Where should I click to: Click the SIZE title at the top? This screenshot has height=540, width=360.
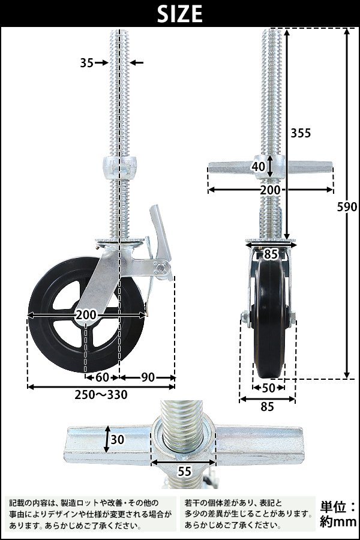[179, 14]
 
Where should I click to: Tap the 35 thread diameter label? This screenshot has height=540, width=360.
[87, 62]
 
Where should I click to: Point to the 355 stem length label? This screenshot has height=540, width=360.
[301, 133]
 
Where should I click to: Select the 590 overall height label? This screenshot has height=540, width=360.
[347, 207]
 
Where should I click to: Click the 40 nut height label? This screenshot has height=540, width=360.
[259, 166]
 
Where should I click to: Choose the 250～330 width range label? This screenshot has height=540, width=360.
[101, 395]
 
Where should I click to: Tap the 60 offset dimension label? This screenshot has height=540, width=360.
[102, 377]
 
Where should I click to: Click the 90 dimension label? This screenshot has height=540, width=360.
[148, 377]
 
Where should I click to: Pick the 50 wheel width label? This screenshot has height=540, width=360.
[268, 388]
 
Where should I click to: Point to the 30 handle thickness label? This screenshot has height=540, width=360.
[118, 439]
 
